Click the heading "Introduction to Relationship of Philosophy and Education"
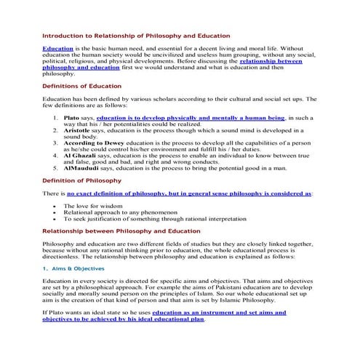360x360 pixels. [136, 35]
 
